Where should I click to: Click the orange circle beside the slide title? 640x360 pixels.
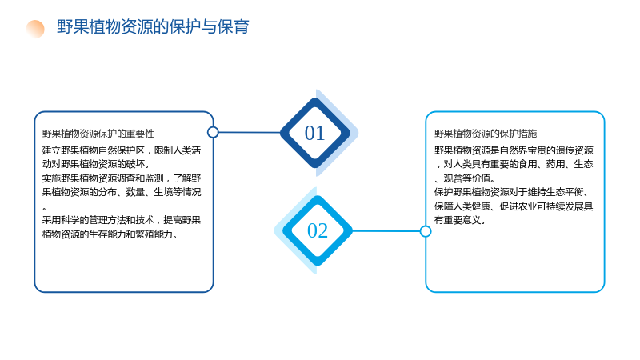pos(35,29)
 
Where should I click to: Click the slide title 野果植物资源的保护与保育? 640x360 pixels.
pos(153,27)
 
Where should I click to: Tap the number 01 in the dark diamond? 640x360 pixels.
pos(314,133)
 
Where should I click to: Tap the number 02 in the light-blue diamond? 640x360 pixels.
pos(318,230)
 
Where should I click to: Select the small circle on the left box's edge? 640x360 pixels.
pos(213,132)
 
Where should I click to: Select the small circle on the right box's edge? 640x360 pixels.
pos(426,231)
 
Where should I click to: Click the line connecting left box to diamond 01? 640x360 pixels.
pos(250,132)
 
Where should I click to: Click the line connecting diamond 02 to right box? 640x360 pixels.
pos(386,231)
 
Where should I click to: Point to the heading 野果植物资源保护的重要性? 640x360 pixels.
pos(98,134)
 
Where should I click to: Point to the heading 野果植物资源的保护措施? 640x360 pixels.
pos(486,134)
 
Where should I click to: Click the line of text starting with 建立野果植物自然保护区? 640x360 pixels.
pos(122,150)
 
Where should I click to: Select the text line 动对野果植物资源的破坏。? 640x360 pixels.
pos(96,164)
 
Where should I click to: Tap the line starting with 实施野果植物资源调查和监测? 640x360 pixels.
pos(122,178)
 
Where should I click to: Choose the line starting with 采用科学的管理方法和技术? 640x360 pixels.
pos(122,221)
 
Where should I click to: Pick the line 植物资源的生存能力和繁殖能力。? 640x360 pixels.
pos(110,234)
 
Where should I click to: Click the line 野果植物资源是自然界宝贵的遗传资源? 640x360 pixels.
pos(514,150)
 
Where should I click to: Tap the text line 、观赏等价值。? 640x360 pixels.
pos(465,178)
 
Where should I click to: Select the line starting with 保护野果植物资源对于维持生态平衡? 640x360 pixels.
pos(512,192)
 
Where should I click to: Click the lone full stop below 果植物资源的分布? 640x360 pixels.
pos(44,209)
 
